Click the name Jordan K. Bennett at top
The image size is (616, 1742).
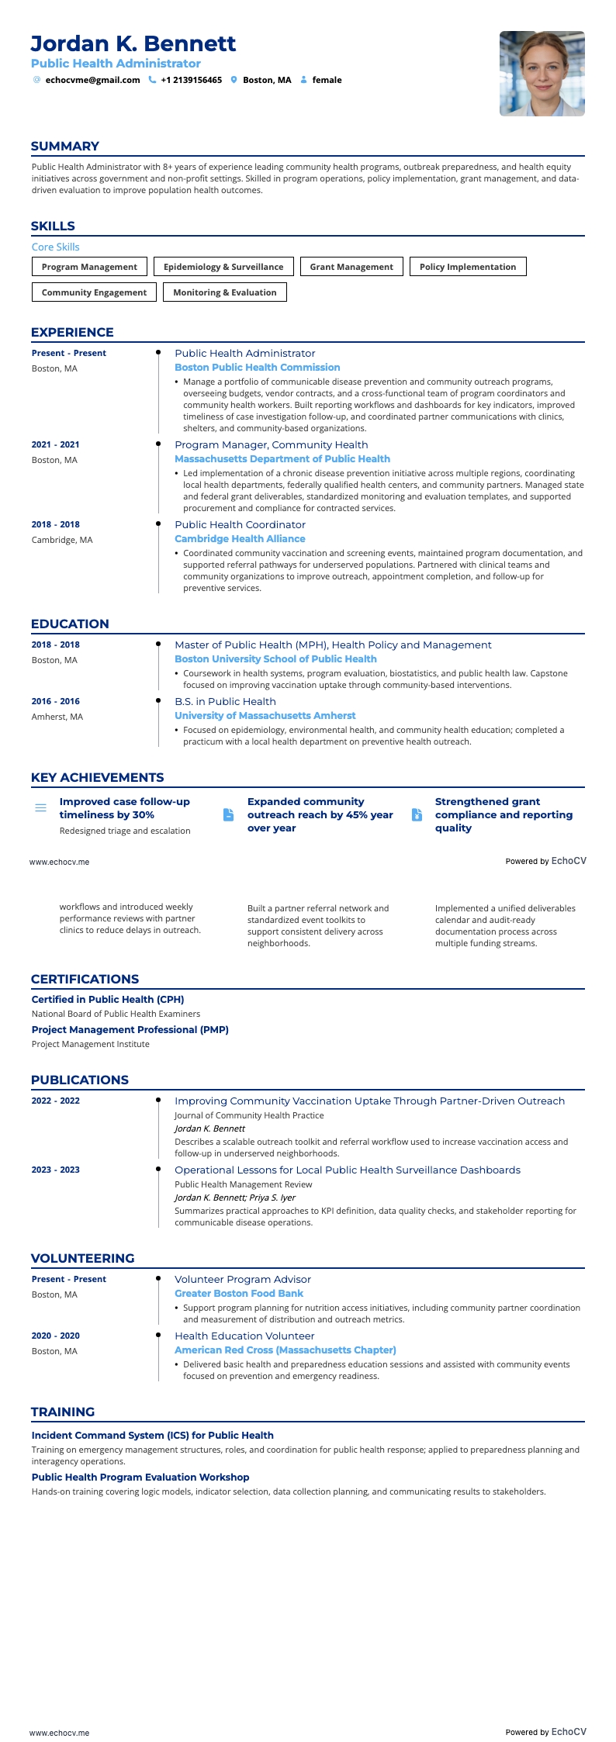click(x=133, y=43)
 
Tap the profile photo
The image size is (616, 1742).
click(x=542, y=74)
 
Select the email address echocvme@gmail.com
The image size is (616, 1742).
click(x=92, y=80)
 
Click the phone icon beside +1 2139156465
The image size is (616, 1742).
click(x=152, y=80)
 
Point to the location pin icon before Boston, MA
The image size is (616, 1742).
click(x=234, y=80)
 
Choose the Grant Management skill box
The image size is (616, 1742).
click(x=351, y=267)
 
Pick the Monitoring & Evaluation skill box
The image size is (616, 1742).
click(x=225, y=292)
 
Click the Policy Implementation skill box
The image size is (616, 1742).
click(x=467, y=267)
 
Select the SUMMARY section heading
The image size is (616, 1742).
click(x=65, y=147)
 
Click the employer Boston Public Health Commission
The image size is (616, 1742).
click(x=257, y=368)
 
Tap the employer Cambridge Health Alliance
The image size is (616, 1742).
click(x=240, y=539)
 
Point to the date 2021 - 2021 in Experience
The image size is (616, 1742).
click(x=56, y=445)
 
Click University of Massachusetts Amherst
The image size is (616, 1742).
click(x=265, y=716)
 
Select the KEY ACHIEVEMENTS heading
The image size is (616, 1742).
click(x=97, y=778)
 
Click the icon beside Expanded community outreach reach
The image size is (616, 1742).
click(x=228, y=815)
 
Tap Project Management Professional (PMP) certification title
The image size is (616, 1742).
click(x=130, y=1030)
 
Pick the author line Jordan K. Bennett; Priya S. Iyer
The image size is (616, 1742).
click(x=235, y=1198)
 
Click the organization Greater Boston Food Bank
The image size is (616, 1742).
click(x=239, y=1294)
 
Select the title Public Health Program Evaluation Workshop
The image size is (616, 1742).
click(x=140, y=1478)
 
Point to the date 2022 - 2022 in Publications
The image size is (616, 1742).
click(x=56, y=1101)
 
